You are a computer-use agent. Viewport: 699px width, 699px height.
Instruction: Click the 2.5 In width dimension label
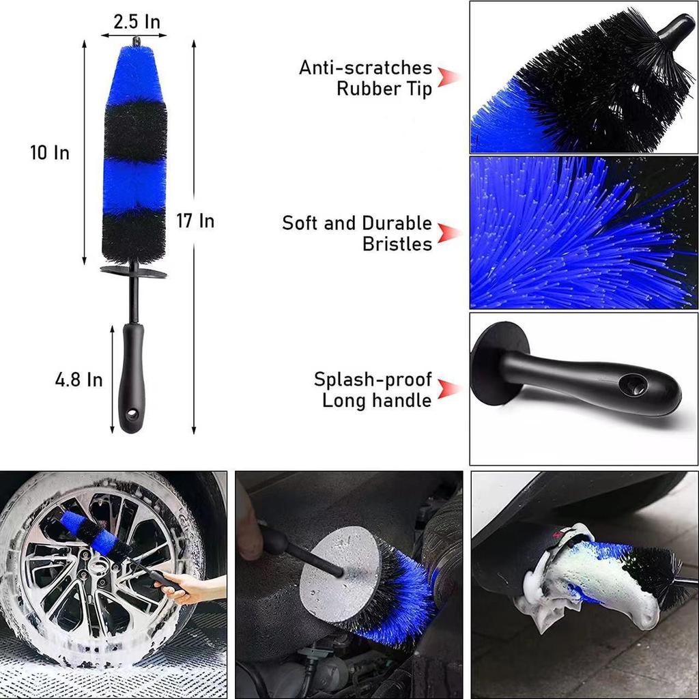(x=137, y=22)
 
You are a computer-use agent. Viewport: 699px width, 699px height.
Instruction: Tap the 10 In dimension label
(x=50, y=153)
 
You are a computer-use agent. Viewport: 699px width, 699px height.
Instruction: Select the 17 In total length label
(x=195, y=221)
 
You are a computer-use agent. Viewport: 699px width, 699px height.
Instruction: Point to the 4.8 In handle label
(x=79, y=380)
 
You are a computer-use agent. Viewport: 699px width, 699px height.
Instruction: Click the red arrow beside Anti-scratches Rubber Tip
(x=448, y=77)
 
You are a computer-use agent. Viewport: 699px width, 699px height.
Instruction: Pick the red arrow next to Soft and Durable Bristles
(x=448, y=233)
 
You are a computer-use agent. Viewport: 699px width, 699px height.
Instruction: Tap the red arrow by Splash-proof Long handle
(x=448, y=389)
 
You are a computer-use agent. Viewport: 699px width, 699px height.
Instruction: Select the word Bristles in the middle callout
(x=397, y=244)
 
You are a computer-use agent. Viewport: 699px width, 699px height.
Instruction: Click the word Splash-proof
(x=373, y=380)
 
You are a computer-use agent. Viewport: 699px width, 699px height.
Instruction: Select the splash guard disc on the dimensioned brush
(x=134, y=272)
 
